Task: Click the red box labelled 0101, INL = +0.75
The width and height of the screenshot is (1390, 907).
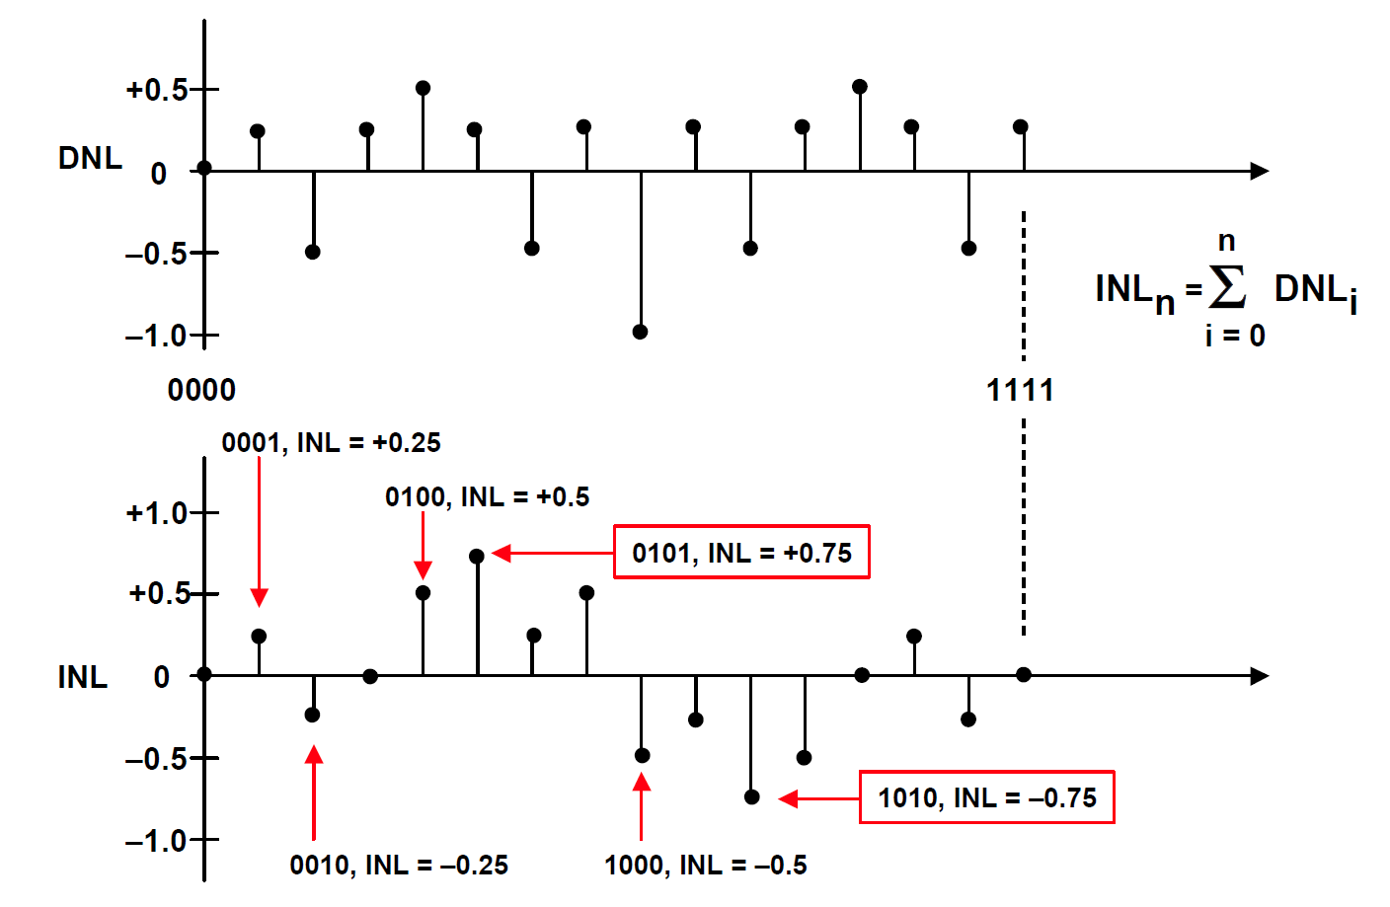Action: point(741,552)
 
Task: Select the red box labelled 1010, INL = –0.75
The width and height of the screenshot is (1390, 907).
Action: point(986,797)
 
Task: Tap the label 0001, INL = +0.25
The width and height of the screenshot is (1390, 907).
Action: point(331,443)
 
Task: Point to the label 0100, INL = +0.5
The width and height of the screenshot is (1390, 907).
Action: point(487,497)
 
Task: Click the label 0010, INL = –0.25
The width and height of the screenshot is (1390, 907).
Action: point(399,865)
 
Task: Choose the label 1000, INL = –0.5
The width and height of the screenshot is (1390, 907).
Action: point(706,865)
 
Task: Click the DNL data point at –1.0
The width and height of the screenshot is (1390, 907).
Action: point(640,332)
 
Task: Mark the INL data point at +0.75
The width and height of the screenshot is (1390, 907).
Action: point(477,557)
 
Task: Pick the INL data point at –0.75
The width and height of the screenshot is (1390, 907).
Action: point(751,797)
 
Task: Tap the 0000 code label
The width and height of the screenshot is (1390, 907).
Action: point(201,390)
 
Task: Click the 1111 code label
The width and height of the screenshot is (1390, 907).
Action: point(1020,390)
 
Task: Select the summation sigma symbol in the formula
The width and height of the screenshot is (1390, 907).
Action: point(1227,286)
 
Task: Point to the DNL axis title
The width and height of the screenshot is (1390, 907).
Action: point(91,158)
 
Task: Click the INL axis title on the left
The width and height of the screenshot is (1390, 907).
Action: point(83,677)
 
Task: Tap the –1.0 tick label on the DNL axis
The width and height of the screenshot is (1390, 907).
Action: point(156,336)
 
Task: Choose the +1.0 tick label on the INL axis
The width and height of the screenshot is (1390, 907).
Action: point(156,513)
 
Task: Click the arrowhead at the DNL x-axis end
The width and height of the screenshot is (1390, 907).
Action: point(1260,171)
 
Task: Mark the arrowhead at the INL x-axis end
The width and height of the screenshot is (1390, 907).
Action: point(1260,676)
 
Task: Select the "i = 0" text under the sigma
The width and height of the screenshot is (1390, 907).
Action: point(1235,336)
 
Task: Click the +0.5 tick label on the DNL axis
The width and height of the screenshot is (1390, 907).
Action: point(156,90)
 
